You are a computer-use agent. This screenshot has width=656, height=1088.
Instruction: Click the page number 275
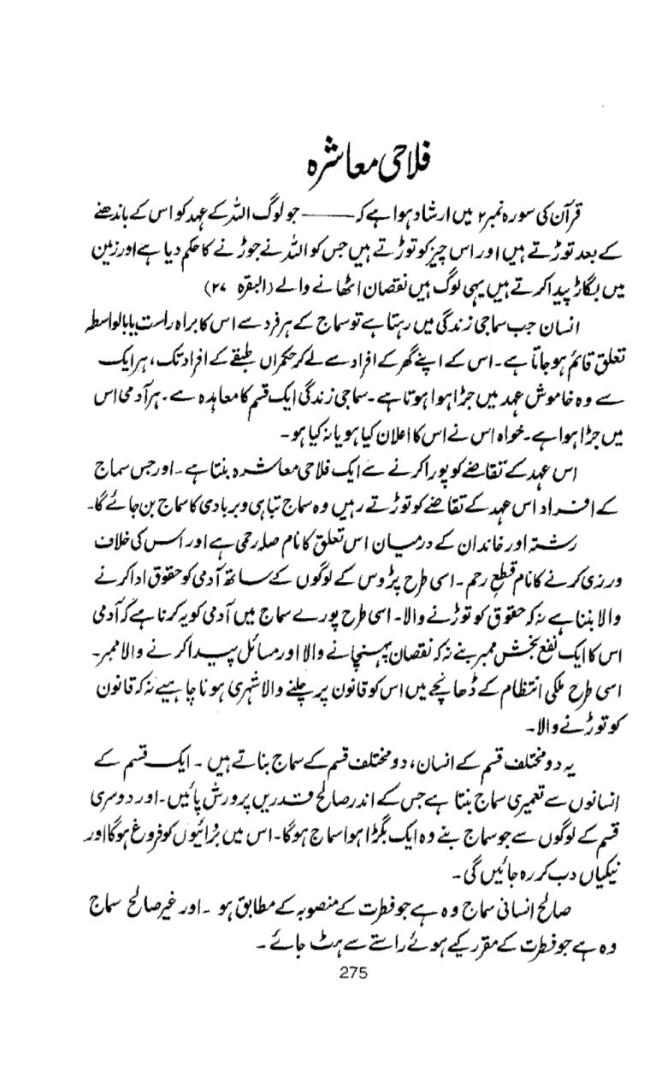[352, 971]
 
